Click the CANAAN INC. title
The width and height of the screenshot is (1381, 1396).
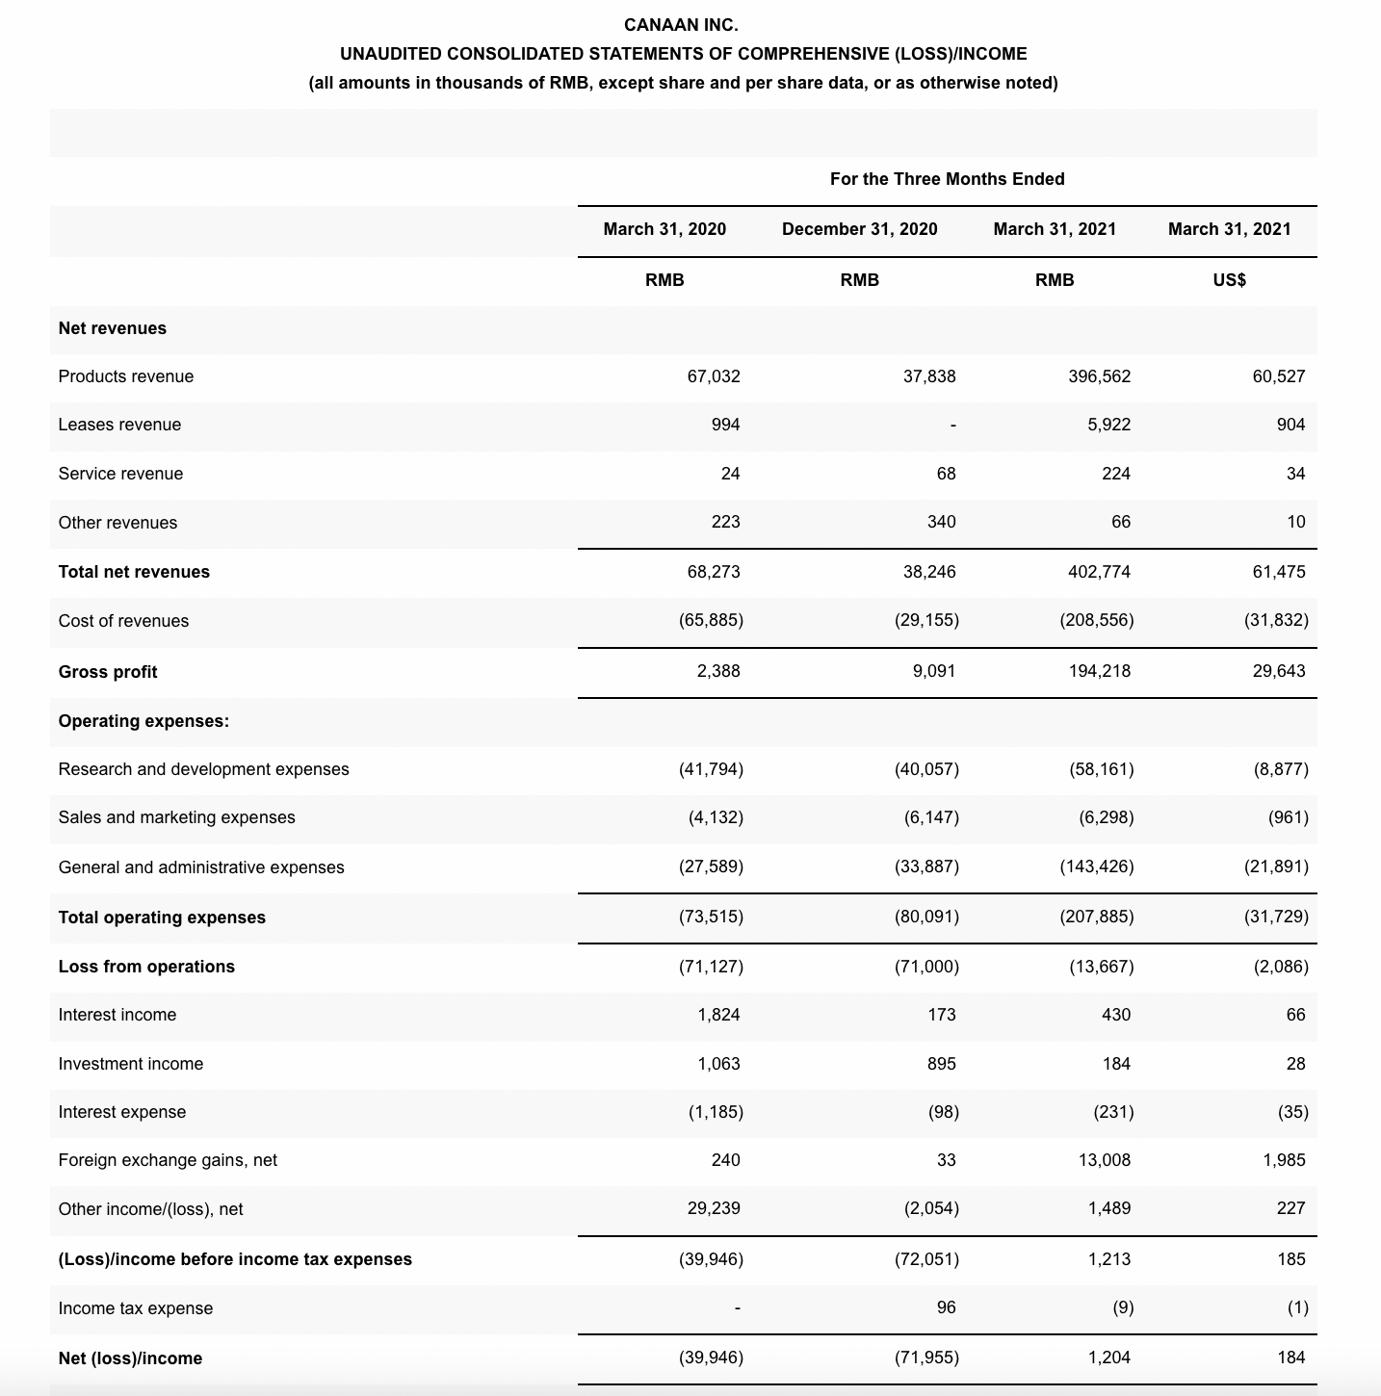[681, 25]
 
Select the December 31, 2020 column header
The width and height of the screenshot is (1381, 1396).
[859, 229]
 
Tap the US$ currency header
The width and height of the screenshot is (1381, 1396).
[1229, 280]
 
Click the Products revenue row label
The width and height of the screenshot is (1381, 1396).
[126, 376]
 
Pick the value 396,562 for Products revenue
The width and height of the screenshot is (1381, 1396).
[1099, 376]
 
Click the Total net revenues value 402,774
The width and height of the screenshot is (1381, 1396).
[1099, 572]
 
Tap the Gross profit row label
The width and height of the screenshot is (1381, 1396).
[108, 672]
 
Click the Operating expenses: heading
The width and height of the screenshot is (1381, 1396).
[143, 721]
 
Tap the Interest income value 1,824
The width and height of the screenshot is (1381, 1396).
[718, 1015]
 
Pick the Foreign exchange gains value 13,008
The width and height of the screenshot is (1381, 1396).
[1104, 1160]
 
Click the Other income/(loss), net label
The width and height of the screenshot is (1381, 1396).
[150, 1209]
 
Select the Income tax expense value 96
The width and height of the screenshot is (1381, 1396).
[946, 1307]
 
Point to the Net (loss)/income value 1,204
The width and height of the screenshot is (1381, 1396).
[1108, 1357]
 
